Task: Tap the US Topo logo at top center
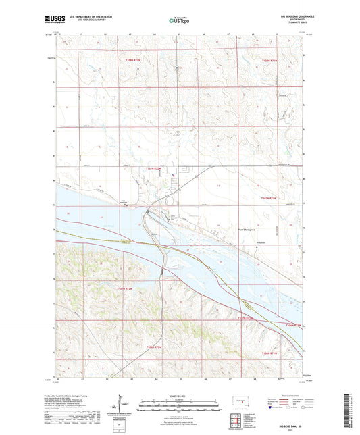pos(178,21)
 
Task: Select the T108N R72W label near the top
pos(134,61)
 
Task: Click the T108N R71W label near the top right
pos(269,61)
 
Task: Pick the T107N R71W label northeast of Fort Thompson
pos(269,197)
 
